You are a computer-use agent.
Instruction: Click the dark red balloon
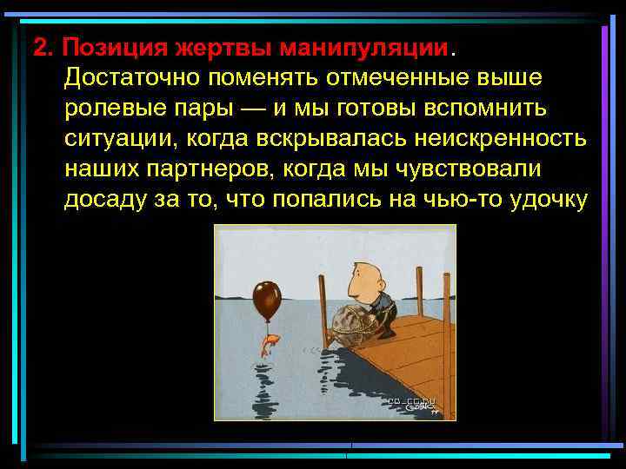pyautogui.click(x=266, y=298)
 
